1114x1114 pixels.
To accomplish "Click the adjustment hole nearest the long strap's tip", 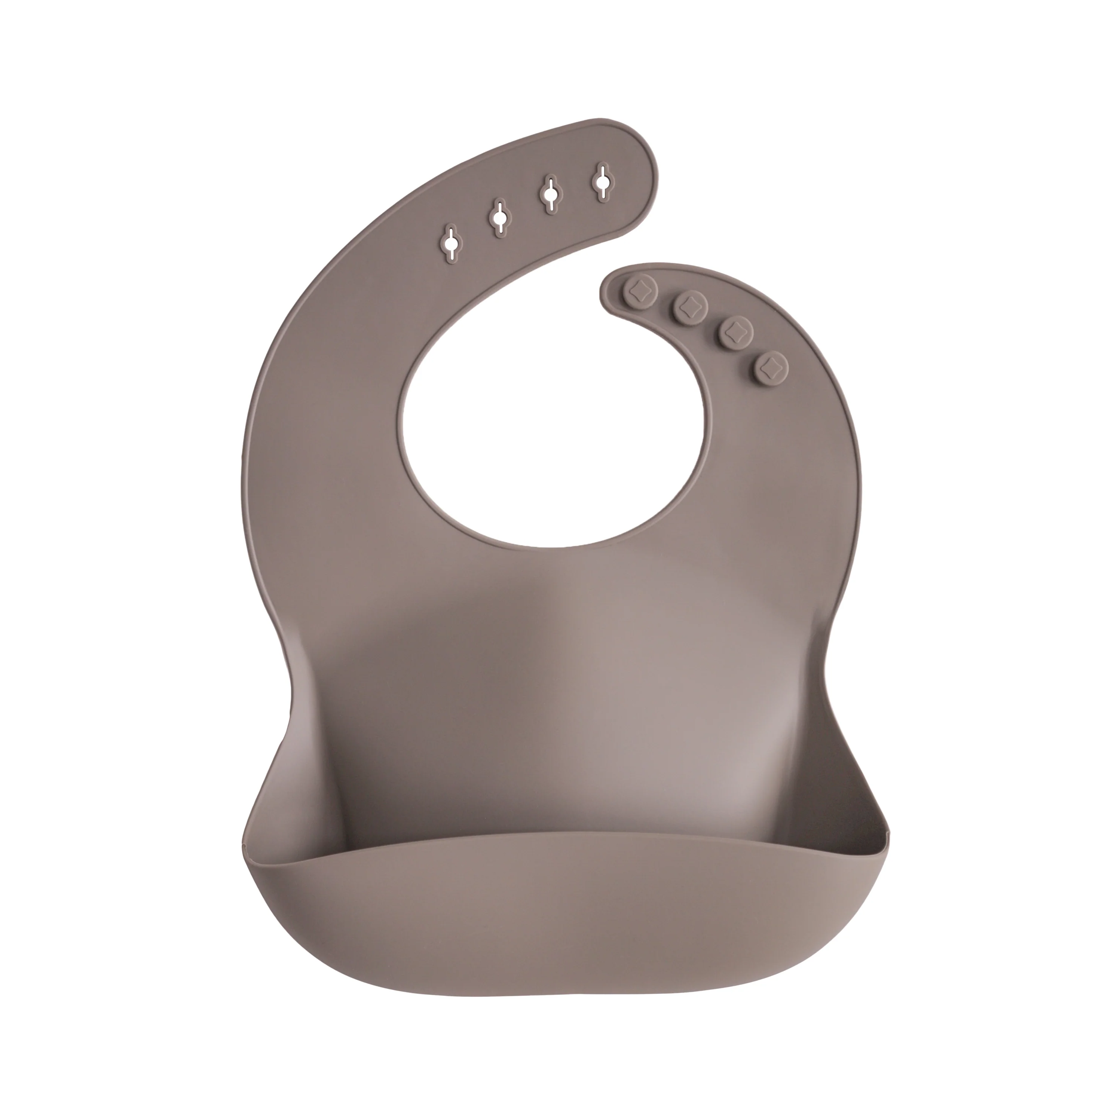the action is click(x=603, y=181).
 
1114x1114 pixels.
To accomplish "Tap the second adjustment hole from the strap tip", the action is click(x=551, y=194).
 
